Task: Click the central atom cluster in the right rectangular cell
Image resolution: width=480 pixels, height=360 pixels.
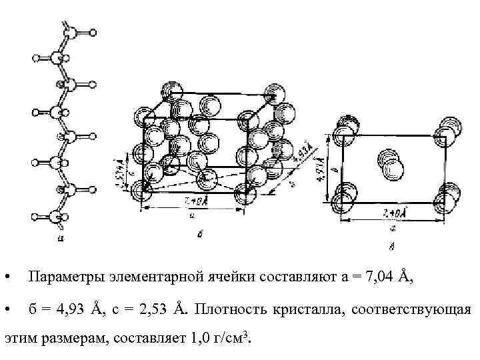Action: (389, 163)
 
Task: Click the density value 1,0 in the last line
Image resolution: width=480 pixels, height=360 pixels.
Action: (199, 339)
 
